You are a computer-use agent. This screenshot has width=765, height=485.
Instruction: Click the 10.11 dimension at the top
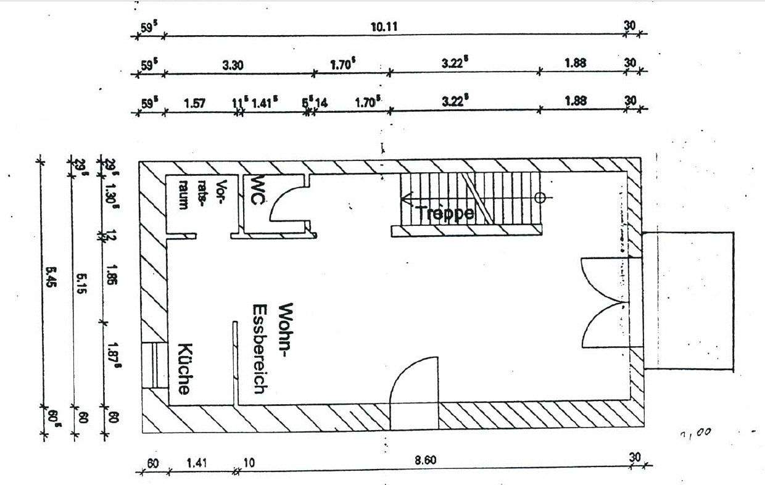tap(384, 26)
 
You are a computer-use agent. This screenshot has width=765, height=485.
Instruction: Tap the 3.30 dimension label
tap(232, 64)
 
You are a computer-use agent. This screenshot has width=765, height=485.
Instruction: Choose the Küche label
tap(184, 368)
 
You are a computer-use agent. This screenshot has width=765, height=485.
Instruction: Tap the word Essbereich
tap(259, 349)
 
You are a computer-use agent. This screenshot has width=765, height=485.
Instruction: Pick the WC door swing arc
tap(284, 204)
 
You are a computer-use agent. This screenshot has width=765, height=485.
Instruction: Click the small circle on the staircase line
tap(540, 198)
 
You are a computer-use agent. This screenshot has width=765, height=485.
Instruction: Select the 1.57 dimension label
tap(195, 103)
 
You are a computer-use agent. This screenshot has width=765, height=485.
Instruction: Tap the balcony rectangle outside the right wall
tap(688, 301)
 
